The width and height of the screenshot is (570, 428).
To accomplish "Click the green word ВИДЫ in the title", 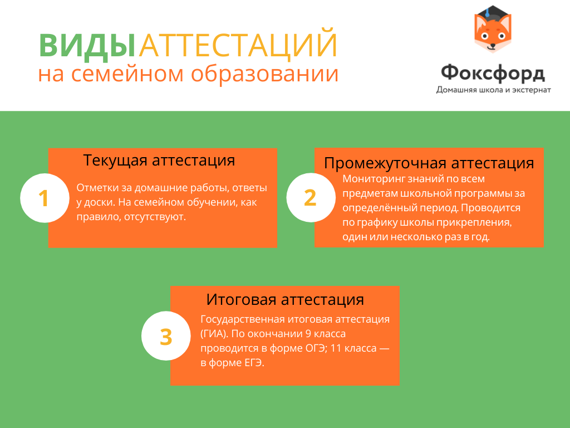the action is pyautogui.click(x=87, y=46).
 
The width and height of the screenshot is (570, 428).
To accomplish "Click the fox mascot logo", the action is pyautogui.click(x=493, y=29).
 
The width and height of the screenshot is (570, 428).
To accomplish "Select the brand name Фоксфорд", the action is pyautogui.click(x=493, y=73).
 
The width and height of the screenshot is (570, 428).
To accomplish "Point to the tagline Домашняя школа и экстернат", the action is pyautogui.click(x=493, y=90).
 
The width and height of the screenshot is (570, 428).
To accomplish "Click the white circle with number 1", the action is pyautogui.click(x=45, y=198).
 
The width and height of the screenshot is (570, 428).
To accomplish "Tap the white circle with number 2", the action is pyautogui.click(x=311, y=198).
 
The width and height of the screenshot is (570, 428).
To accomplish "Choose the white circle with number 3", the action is pyautogui.click(x=166, y=336).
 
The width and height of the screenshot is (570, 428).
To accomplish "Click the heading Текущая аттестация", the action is pyautogui.click(x=159, y=160).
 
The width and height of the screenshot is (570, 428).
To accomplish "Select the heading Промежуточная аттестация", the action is pyautogui.click(x=429, y=163).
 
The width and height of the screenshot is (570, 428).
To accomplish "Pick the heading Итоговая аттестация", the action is pyautogui.click(x=285, y=300).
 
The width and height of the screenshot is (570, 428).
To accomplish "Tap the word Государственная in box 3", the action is pyautogui.click(x=243, y=319).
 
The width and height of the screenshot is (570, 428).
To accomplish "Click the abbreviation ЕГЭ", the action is pyautogui.click(x=254, y=363).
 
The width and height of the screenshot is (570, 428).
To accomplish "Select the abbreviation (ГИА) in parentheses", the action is pyautogui.click(x=214, y=334).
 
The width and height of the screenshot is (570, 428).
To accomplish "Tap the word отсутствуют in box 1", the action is pyautogui.click(x=155, y=217).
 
